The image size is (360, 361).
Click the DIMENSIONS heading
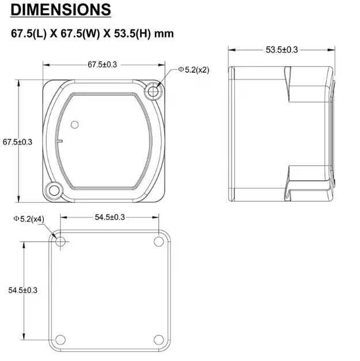pos(61,10)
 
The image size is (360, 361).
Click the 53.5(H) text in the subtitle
pos(132,33)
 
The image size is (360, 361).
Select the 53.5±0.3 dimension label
pos(282,50)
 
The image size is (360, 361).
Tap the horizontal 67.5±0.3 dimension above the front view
pos(103,64)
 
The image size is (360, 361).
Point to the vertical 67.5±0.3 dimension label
pos(17,142)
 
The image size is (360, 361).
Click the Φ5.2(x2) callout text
pos(194,70)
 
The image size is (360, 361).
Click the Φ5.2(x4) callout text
pos(29,219)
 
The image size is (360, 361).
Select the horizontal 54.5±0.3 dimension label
pos(110,217)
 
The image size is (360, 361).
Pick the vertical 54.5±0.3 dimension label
pos(23,290)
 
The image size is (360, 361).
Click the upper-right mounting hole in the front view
pos(153,92)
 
